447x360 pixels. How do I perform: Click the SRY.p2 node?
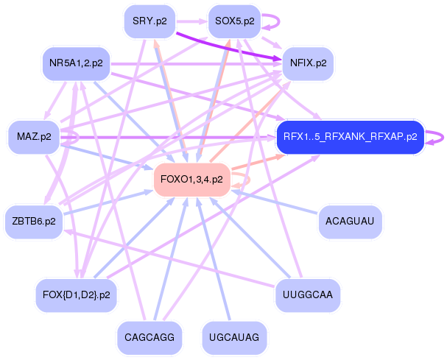pyautogui.click(x=149, y=21)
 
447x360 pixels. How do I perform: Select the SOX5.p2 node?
pyautogui.click(x=234, y=21)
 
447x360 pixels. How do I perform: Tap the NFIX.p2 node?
pyautogui.click(x=309, y=63)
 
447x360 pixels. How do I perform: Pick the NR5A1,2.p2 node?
pyautogui.click(x=76, y=63)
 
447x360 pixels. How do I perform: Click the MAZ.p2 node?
pyautogui.click(x=34, y=137)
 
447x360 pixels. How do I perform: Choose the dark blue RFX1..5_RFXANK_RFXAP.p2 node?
pyautogui.click(x=350, y=137)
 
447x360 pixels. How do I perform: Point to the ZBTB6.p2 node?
pyautogui.click(x=34, y=221)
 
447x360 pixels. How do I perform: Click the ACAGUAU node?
pyautogui.click(x=350, y=221)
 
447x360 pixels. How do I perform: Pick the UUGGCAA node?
pyautogui.click(x=308, y=294)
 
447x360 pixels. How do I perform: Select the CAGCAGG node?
pyautogui.click(x=149, y=337)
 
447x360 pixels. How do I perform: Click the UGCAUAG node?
pyautogui.click(x=234, y=337)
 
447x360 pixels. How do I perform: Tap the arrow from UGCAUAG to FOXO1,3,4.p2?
pyautogui.click(x=214, y=258)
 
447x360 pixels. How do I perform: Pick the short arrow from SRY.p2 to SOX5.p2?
pyautogui.click(x=191, y=21)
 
